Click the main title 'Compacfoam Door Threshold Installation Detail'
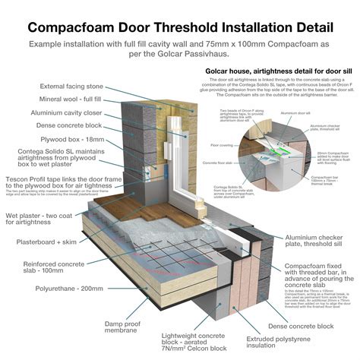(180, 27)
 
